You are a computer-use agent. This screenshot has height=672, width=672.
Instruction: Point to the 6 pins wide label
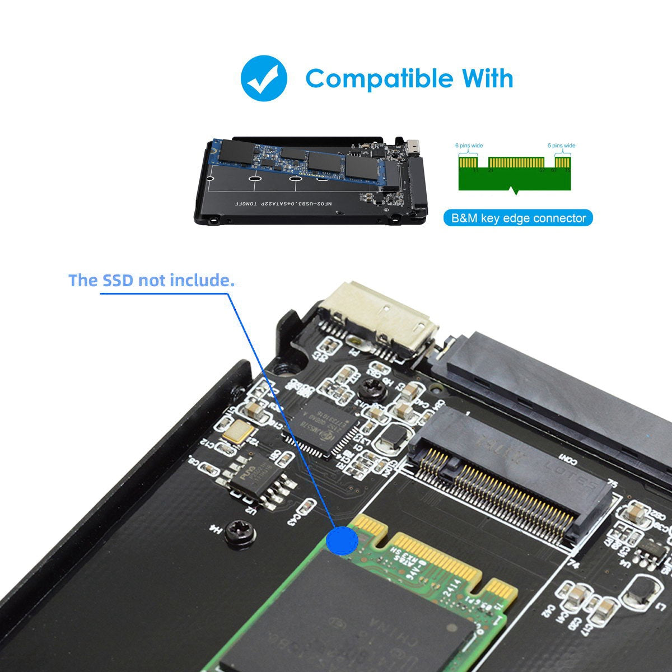pyautogui.click(x=469, y=146)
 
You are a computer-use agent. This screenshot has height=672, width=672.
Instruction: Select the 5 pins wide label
pyautogui.click(x=561, y=146)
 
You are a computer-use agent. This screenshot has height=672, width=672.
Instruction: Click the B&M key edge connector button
pyautogui.click(x=519, y=218)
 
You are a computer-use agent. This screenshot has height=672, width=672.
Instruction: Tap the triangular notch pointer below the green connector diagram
pyautogui.click(x=515, y=192)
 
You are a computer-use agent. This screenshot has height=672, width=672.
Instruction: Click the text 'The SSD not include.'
pyautogui.click(x=151, y=280)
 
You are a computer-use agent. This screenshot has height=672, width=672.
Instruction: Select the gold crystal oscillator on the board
pyautogui.click(x=236, y=431)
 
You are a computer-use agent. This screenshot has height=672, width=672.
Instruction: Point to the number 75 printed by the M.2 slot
pyautogui.click(x=612, y=483)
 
